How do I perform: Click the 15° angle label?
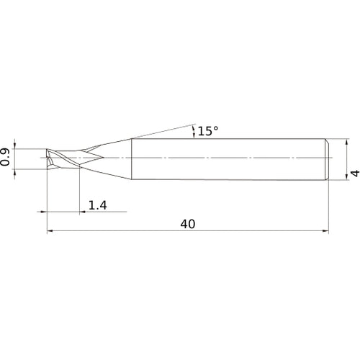pyautogui.click(x=208, y=131)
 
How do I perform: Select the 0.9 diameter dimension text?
pyautogui.click(x=5, y=157)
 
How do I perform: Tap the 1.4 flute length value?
pyautogui.click(x=98, y=205)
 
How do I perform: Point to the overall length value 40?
pyautogui.click(x=188, y=224)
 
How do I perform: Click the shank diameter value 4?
pyautogui.click(x=355, y=173)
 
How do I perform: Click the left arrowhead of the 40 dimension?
pyautogui.click(x=50, y=231)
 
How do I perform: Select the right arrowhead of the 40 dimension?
pyautogui.click(x=325, y=231)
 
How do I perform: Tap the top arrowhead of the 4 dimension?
pyautogui.click(x=346, y=142)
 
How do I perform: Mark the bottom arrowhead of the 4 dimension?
pyautogui.click(x=346, y=176)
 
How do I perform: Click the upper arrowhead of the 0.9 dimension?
pyautogui.click(x=15, y=146)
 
